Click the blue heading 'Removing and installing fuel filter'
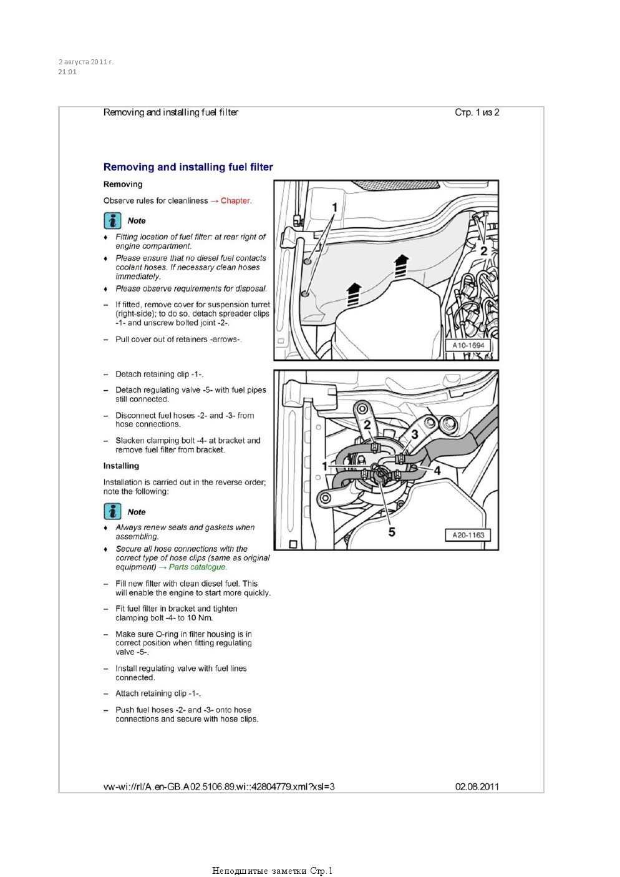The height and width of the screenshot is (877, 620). [188, 167]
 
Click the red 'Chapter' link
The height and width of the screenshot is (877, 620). [235, 201]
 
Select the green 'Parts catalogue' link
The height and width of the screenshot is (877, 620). [197, 567]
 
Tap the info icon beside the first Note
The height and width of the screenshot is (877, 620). [112, 221]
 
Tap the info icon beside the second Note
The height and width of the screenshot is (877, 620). [112, 512]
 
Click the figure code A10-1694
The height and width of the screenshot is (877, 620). [468, 345]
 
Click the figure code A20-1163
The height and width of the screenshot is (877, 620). [468, 535]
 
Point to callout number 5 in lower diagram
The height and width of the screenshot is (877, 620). [392, 532]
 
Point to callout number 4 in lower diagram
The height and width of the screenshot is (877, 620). [437, 471]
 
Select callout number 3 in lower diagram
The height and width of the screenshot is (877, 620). [415, 434]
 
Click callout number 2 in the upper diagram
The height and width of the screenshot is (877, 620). [483, 251]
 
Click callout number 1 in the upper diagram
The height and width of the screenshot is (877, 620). [334, 208]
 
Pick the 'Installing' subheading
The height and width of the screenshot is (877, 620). [121, 466]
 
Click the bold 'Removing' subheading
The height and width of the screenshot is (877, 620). [123, 185]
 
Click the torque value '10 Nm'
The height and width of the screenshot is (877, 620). [200, 618]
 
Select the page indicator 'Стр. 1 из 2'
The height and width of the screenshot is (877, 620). [477, 113]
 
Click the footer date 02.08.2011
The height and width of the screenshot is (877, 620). [477, 786]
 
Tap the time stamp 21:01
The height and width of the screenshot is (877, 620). [67, 72]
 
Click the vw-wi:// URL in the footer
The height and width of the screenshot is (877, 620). [219, 786]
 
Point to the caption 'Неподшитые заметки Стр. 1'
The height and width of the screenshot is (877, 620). [272, 871]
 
